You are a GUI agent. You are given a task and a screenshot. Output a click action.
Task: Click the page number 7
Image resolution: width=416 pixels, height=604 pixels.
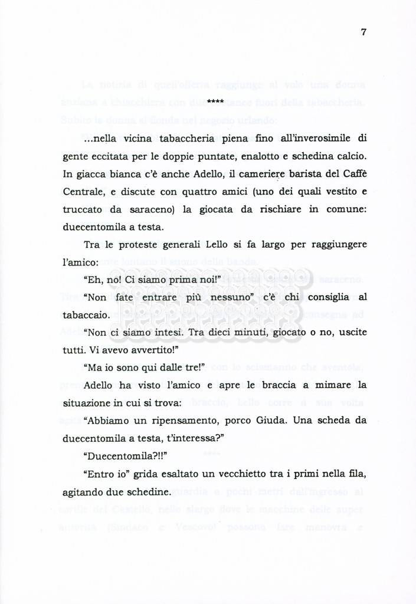(363, 32)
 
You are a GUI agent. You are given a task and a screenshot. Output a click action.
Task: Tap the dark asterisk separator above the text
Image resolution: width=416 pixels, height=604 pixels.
(215, 103)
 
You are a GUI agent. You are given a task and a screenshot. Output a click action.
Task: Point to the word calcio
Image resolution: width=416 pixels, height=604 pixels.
(350, 157)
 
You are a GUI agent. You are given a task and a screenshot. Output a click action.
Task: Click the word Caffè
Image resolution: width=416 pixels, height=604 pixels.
(353, 175)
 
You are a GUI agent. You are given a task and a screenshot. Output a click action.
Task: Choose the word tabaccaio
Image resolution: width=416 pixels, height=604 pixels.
(84, 315)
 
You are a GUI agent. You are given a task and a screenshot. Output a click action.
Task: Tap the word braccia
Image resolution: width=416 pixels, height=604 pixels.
(264, 385)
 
